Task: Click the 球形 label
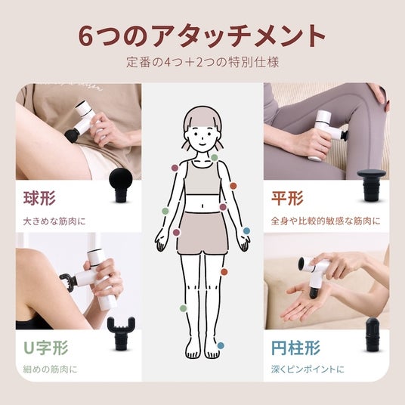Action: click(39, 198)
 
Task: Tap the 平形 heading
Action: click(287, 198)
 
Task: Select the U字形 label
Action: click(46, 348)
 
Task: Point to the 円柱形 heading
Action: click(295, 348)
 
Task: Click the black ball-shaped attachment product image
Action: click(121, 184)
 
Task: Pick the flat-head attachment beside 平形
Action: click(371, 184)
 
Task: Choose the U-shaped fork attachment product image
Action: click(121, 333)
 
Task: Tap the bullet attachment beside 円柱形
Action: click(373, 334)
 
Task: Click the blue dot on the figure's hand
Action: click(246, 230)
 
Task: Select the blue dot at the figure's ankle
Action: click(221, 345)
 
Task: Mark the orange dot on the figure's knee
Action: click(224, 272)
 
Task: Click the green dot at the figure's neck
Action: click(215, 158)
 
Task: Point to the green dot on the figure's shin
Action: click(183, 308)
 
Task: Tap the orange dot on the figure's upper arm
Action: click(233, 186)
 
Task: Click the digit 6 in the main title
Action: click(85, 36)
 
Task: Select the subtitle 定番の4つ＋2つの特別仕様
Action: click(202, 63)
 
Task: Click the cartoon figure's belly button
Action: click(202, 206)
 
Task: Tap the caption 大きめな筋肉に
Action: click(54, 221)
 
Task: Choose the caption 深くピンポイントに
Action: click(308, 369)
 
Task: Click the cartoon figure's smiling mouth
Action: click(202, 144)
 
